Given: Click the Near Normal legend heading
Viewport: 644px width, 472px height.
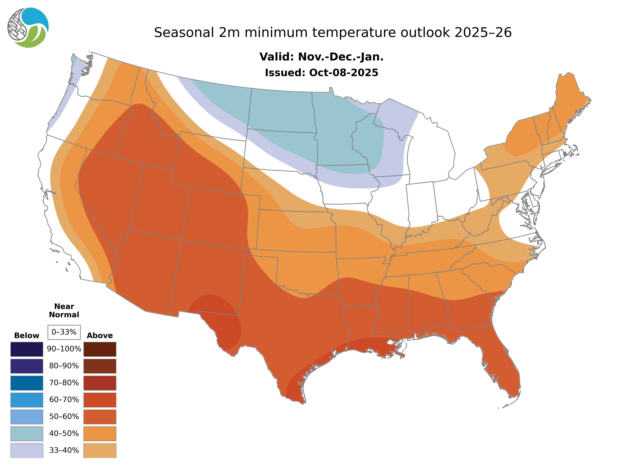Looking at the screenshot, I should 64,311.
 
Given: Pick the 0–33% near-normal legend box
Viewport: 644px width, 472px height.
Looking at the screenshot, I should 64,332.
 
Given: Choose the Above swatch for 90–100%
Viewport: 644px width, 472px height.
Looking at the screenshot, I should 100,349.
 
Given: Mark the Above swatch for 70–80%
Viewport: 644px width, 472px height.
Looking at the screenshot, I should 100,383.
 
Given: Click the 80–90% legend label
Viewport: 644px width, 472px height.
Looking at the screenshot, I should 64,366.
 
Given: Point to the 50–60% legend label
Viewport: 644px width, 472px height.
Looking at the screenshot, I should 64,417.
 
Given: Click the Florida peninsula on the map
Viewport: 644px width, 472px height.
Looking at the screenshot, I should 503,369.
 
